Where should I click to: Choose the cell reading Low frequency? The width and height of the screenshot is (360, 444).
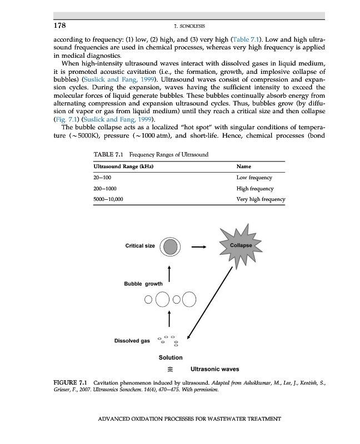254,177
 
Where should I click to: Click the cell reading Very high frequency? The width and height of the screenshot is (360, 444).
261,199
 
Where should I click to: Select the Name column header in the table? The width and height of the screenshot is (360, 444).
244,166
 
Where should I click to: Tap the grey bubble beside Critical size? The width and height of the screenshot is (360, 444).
171,246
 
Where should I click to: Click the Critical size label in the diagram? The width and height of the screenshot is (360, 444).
140,246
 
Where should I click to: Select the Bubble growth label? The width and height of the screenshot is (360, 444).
143,284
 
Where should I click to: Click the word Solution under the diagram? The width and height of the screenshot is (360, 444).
171,357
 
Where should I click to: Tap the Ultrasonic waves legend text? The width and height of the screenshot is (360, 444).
214,369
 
